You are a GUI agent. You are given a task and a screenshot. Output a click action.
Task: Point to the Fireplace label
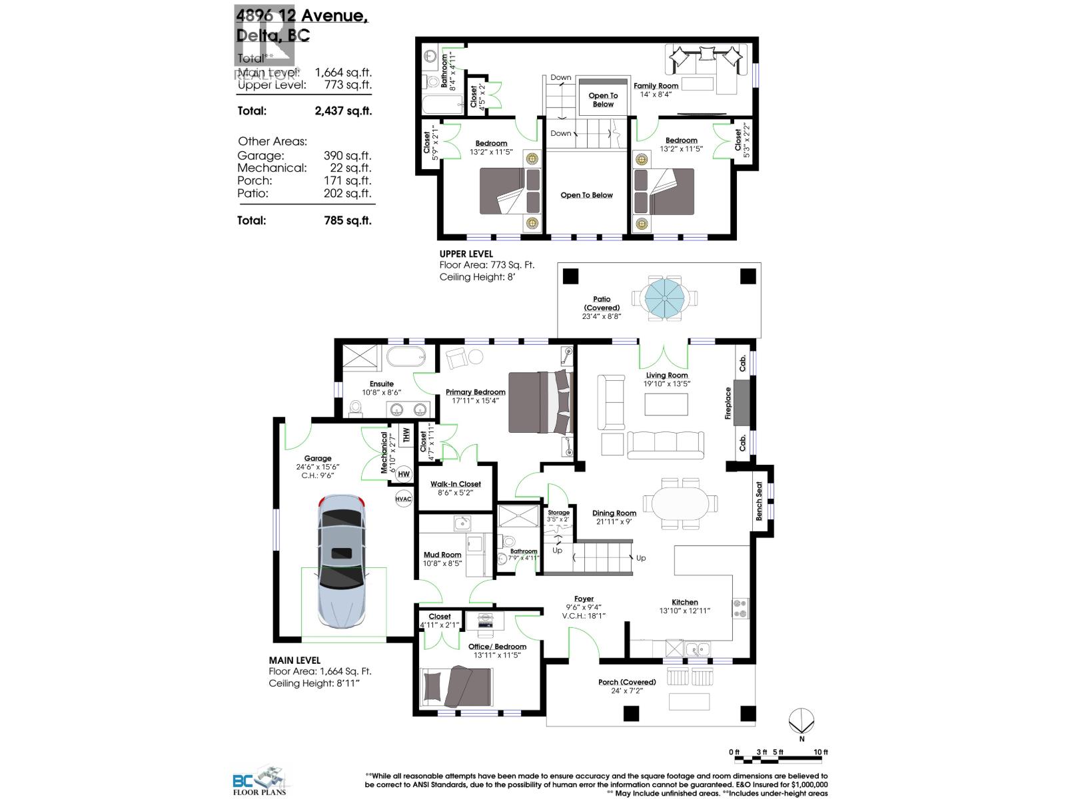click(728, 403)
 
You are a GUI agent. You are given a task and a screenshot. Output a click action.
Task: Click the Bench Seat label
click(759, 501)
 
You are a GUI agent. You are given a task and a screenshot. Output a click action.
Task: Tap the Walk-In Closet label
click(455, 484)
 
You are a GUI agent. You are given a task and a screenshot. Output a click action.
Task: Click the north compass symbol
click(801, 722)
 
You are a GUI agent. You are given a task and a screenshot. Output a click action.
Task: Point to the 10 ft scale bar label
click(820, 752)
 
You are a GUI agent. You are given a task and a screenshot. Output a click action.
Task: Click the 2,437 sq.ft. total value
click(343, 111)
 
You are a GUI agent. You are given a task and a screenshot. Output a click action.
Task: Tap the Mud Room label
click(442, 555)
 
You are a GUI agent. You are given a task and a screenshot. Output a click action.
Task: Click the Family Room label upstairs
click(656, 85)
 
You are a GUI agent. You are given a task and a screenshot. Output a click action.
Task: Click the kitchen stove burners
click(740, 607)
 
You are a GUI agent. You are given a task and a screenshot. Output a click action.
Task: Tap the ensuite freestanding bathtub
click(406, 356)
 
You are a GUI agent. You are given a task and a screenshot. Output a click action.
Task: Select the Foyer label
click(584, 599)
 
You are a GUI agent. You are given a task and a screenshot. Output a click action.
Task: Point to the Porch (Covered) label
click(626, 682)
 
